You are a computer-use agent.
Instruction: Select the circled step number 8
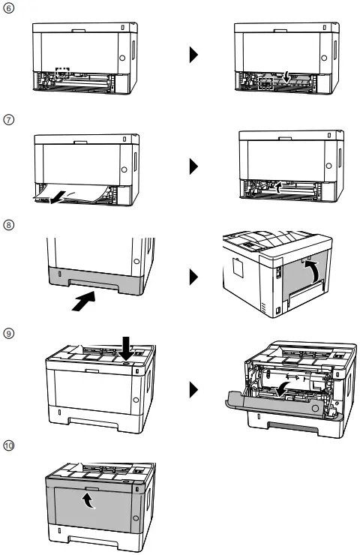(7, 224)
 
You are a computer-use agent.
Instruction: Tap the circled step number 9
(7, 332)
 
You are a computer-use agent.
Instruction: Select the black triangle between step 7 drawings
(193, 166)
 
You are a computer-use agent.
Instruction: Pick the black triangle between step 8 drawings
(193, 277)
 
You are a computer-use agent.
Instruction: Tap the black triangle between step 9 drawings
(193, 389)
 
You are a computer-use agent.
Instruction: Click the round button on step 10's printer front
(136, 519)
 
